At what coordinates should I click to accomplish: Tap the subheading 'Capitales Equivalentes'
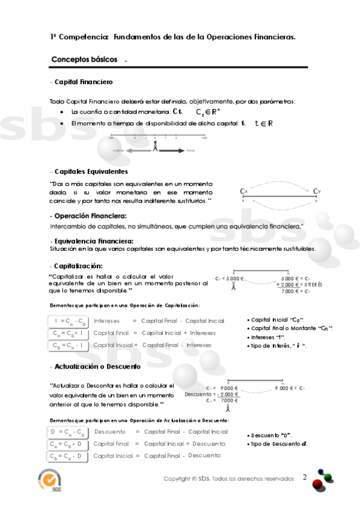pyautogui.click(x=91, y=171)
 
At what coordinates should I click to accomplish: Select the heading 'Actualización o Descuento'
pyautogui.click(x=97, y=366)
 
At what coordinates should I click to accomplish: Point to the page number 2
pyautogui.click(x=305, y=478)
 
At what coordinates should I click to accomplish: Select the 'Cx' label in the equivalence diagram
pyautogui.click(x=243, y=191)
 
